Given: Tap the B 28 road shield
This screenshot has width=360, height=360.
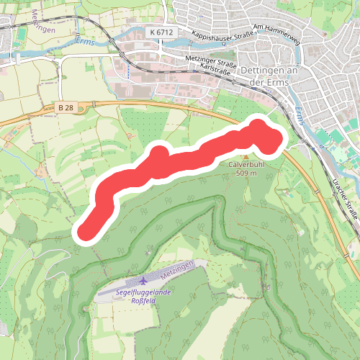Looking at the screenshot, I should point(66,108).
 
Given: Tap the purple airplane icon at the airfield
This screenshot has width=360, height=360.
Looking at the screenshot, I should point(145,280).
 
